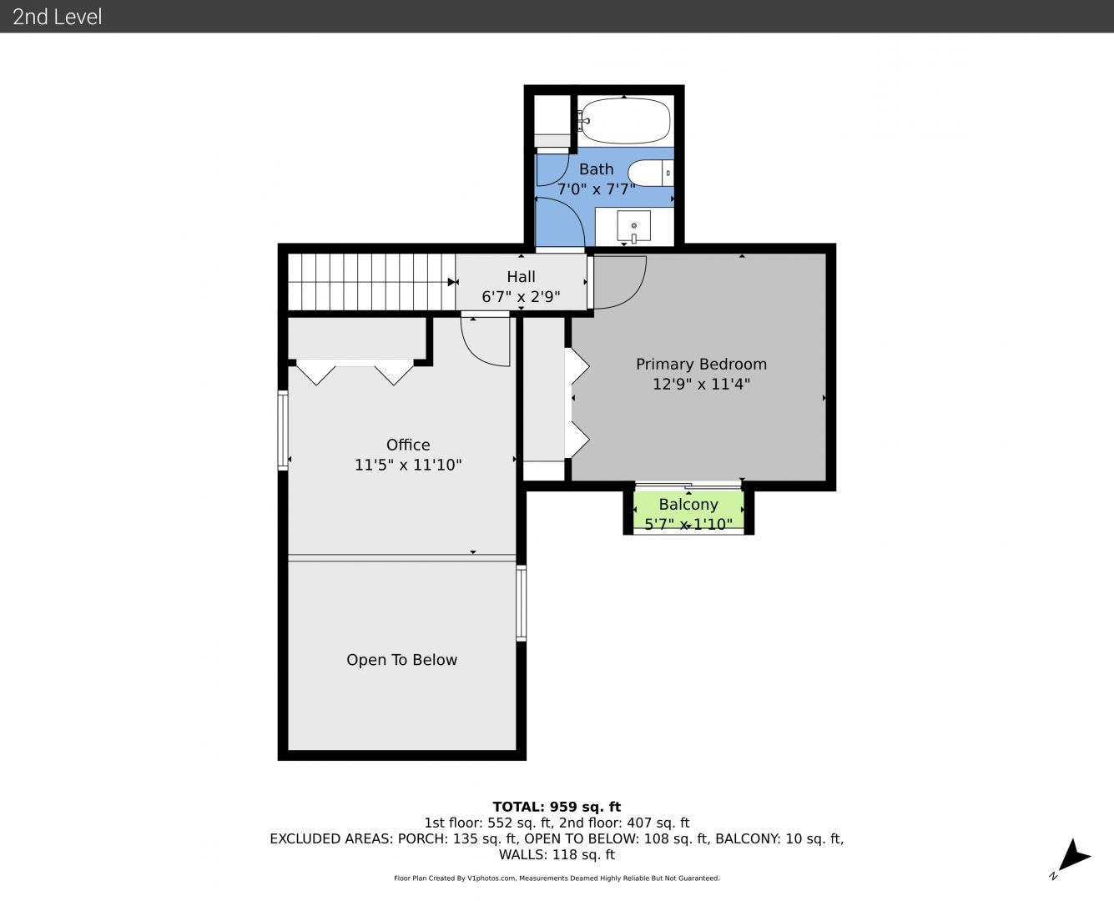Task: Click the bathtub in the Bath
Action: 626,121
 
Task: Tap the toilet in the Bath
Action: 650,173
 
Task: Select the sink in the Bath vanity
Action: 633,226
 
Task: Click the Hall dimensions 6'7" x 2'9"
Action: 521,297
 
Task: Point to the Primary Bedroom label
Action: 701,364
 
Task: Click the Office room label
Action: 408,445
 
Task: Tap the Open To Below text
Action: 401,659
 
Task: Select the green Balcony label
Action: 688,504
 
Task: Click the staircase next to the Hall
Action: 371,282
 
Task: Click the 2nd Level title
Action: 57,17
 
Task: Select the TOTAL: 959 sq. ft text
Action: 557,807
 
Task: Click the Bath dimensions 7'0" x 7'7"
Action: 597,189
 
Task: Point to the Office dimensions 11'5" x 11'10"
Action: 408,465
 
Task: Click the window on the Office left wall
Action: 282,430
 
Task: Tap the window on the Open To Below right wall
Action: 521,602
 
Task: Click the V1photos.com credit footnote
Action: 557,878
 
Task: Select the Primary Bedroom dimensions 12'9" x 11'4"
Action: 701,384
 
